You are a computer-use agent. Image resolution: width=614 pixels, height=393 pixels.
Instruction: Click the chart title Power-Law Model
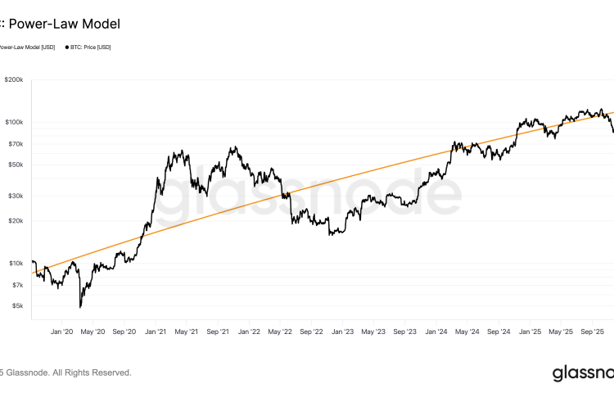[62, 25]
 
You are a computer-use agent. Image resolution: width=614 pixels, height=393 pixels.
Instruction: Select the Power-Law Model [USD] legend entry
[26, 47]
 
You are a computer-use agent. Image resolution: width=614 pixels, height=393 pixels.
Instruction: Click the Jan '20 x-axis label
[62, 332]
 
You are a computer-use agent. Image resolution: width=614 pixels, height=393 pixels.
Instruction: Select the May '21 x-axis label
[187, 332]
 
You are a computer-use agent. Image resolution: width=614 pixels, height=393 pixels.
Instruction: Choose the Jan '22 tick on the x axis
[249, 332]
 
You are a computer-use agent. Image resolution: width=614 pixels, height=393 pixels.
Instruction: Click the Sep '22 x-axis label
[312, 332]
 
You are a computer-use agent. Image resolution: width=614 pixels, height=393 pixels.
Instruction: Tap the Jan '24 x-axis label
[436, 332]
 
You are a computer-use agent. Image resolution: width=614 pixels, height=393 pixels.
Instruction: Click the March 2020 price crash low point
[80, 307]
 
